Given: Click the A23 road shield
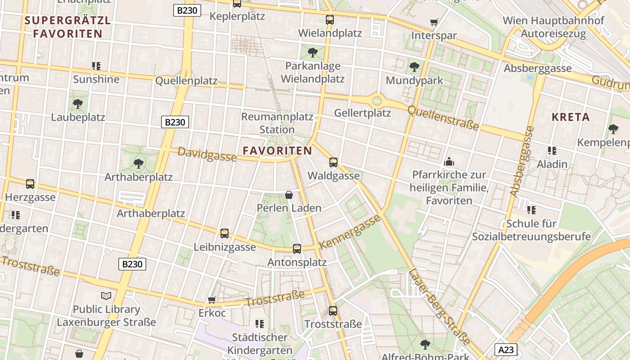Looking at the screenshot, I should coord(506,350).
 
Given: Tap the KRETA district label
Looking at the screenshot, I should coord(571,117).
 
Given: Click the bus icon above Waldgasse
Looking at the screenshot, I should coord(333,162).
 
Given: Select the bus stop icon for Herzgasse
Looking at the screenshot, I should coord(30,184).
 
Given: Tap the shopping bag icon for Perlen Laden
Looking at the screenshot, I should coord(289,195).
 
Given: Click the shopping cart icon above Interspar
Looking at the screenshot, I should coord(434,22).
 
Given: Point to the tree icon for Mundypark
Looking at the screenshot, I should coord(414,67).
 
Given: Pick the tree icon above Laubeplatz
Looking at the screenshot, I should coord(77,104).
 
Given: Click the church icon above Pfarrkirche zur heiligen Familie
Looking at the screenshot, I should coord(449,162).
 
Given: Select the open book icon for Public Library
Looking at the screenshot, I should coord(106,296).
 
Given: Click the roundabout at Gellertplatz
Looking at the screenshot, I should coord(377,101).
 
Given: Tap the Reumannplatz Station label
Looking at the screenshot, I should coord(277,123).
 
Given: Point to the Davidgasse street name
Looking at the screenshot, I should coord(207,154).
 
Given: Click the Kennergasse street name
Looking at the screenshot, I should coord(350,232).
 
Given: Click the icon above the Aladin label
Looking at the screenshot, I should coord(552,151).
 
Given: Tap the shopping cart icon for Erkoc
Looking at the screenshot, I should coord(211,300).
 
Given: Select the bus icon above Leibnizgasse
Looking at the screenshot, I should coord(225,234).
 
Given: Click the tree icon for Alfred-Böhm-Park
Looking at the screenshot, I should coord(425,345).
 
